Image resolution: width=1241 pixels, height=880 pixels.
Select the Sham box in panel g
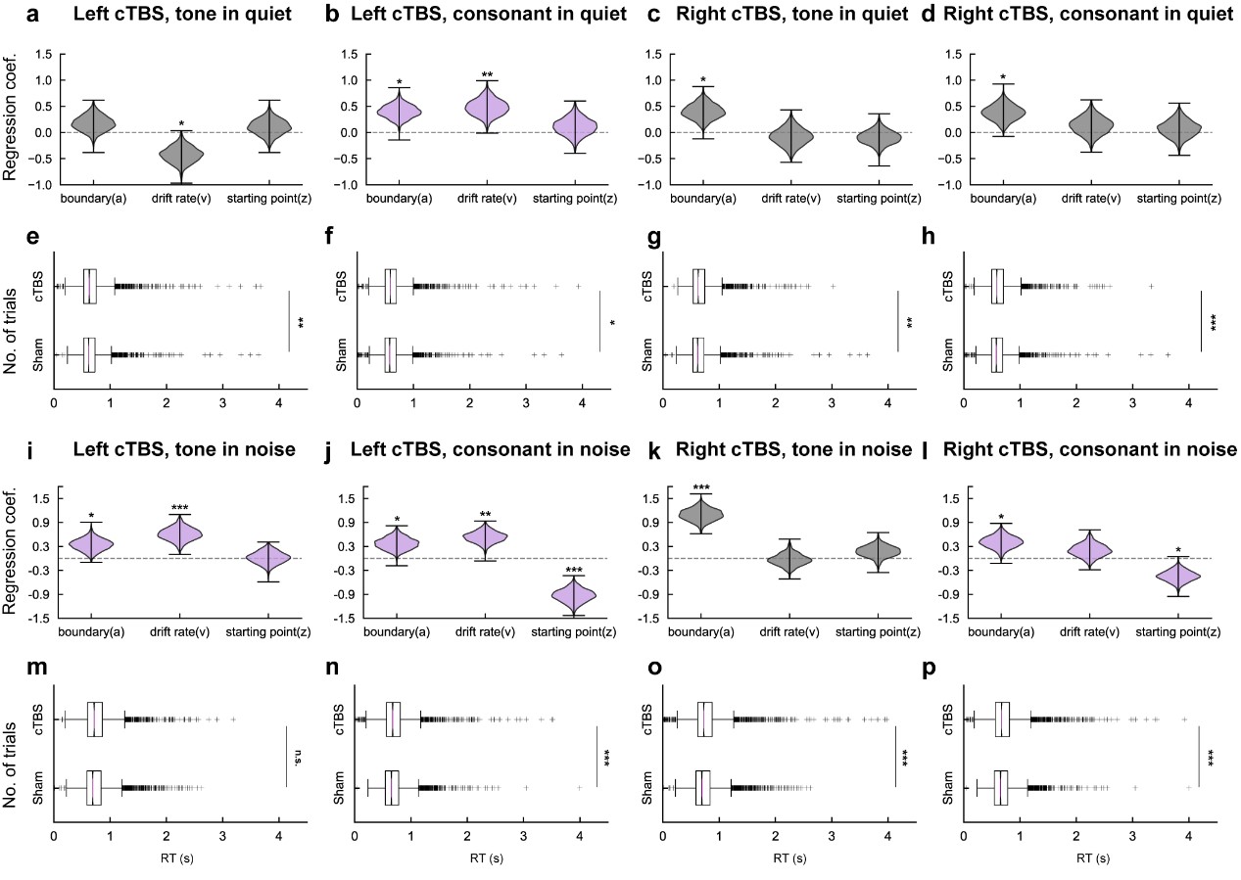(698, 354)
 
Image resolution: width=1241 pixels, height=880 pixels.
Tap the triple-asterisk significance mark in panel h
(1213, 321)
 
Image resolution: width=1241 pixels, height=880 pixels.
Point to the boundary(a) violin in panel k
(701, 513)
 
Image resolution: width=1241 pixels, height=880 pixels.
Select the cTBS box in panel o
(705, 718)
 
